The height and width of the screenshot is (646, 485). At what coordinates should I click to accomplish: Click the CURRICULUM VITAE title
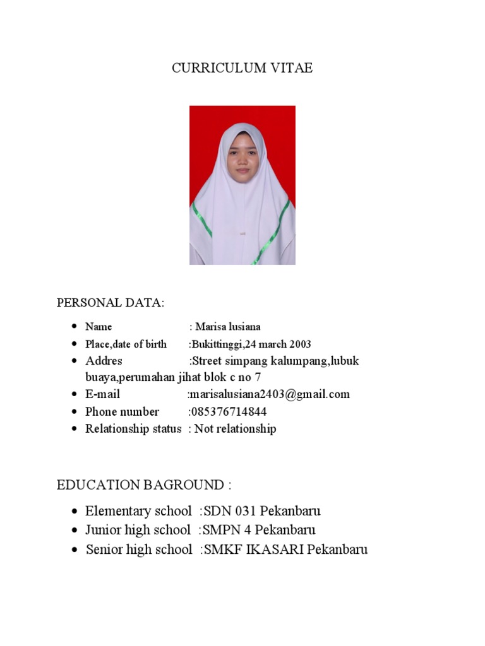pyautogui.click(x=242, y=68)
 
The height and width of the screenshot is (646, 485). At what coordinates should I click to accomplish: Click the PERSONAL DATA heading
pyautogui.click(x=111, y=303)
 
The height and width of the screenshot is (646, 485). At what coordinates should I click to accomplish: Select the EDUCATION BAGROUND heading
pyautogui.click(x=144, y=485)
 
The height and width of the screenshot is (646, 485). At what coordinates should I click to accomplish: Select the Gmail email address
pyautogui.click(x=269, y=394)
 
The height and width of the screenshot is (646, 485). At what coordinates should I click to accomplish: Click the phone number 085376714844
pyautogui.click(x=228, y=411)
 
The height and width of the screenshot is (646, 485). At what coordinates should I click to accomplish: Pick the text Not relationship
pyautogui.click(x=235, y=429)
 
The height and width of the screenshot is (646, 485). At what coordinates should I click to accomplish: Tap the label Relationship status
pyautogui.click(x=133, y=429)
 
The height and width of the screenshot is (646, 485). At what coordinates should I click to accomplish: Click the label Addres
pyautogui.click(x=104, y=361)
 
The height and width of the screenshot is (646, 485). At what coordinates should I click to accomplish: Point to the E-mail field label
pyautogui.click(x=102, y=394)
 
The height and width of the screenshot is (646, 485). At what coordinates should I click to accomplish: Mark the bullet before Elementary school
pyautogui.click(x=75, y=511)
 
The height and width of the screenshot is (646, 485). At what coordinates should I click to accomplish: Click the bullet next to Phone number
pyautogui.click(x=75, y=412)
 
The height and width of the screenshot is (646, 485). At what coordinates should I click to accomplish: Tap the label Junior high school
pyautogui.click(x=138, y=530)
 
